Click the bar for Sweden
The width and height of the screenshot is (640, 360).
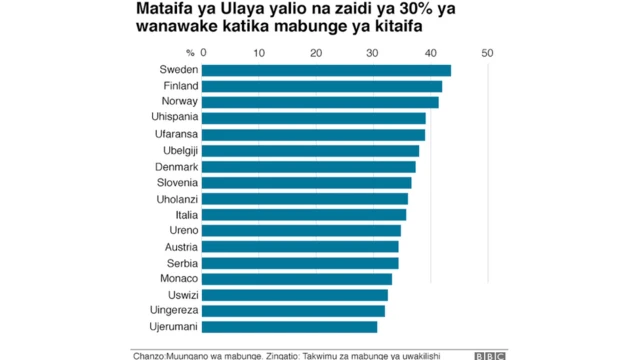326,70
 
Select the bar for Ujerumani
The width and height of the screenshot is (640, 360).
290,327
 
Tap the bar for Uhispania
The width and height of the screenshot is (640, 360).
314,118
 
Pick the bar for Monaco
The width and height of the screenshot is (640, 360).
297,279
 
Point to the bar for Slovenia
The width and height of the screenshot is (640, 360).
307,182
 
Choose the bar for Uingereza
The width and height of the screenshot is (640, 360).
294,311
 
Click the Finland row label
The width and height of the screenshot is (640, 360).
179,86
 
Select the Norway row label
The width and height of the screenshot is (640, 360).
179,102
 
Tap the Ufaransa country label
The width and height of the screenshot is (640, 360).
174,134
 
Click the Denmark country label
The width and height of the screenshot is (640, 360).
176,166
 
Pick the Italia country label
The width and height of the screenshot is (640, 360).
185,214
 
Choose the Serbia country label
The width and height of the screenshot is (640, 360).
181,262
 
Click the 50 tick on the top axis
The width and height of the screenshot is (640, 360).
487,52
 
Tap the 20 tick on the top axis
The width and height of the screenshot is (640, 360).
317,52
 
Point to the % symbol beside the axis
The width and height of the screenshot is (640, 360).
190,52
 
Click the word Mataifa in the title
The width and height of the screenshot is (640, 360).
166,9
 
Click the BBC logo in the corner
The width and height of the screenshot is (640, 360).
489,355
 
